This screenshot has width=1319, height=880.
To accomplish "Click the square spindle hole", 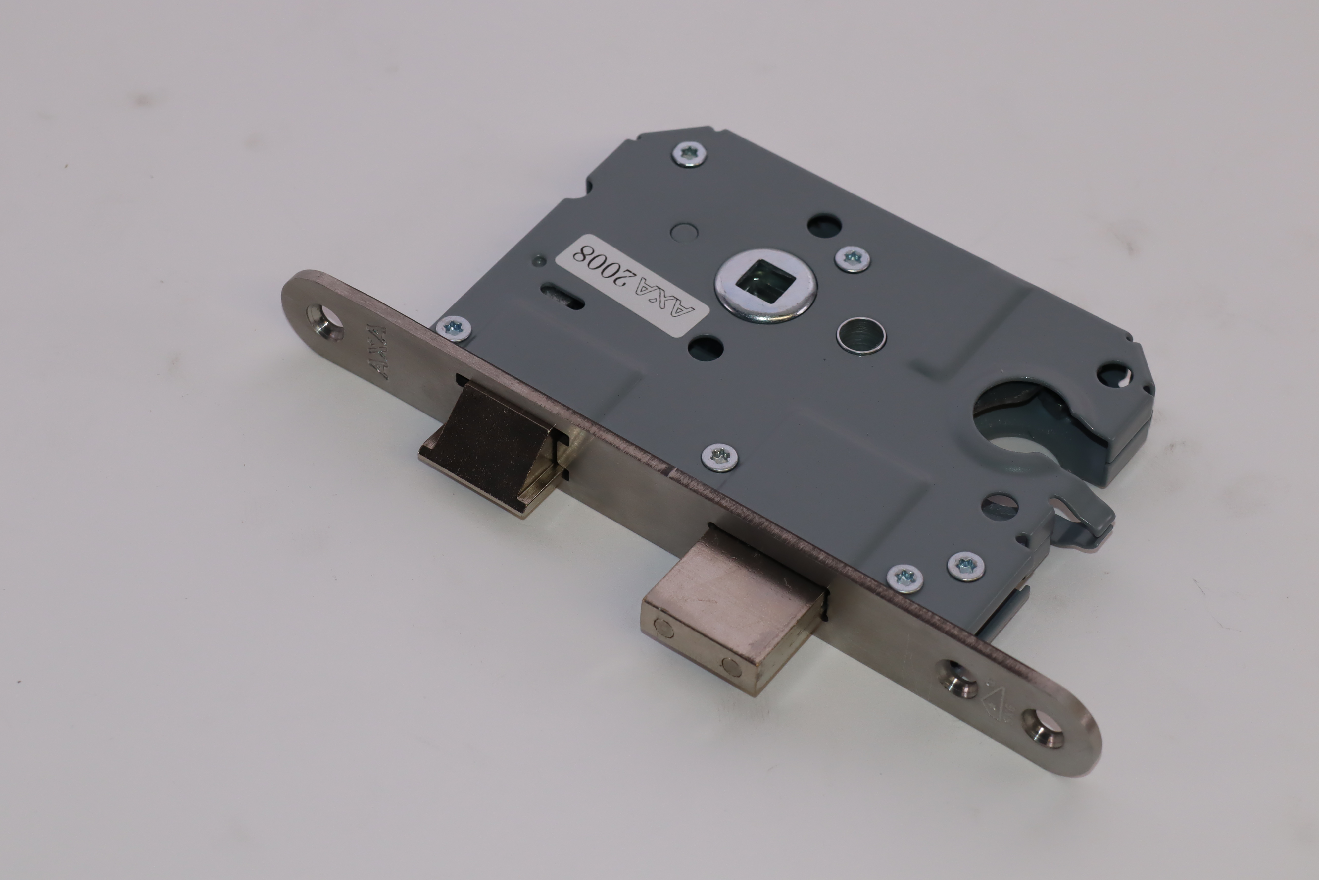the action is pyautogui.click(x=764, y=285).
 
